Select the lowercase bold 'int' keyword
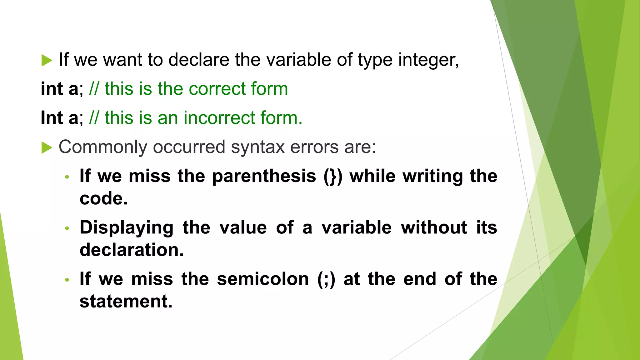(x=52, y=88)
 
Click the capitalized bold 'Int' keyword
(x=52, y=118)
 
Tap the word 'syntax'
(x=257, y=147)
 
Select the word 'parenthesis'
(x=264, y=176)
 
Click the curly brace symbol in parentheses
(x=333, y=177)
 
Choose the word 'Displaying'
(x=127, y=227)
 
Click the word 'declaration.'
(x=132, y=250)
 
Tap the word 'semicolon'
(x=263, y=279)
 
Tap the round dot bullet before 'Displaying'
(x=67, y=228)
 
